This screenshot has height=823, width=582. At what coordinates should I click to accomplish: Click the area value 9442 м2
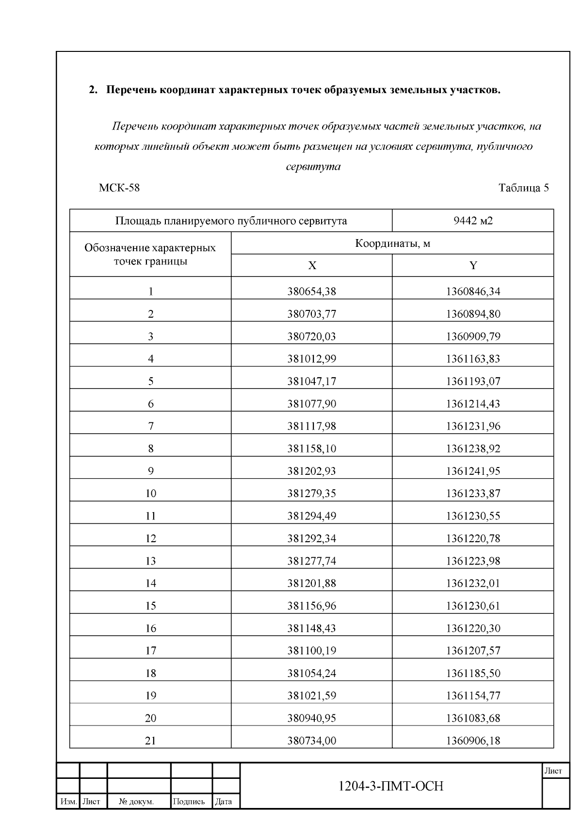(x=472, y=221)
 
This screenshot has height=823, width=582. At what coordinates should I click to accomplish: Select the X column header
(x=312, y=265)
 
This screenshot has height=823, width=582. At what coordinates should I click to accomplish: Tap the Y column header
(x=473, y=265)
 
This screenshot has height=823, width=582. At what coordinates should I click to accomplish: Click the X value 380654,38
(x=311, y=291)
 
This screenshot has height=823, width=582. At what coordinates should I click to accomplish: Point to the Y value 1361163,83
(x=473, y=359)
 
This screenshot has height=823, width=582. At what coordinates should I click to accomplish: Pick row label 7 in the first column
(x=150, y=426)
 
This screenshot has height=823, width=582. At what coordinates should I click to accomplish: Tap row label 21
(x=150, y=741)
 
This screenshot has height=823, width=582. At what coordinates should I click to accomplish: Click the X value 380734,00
(x=311, y=741)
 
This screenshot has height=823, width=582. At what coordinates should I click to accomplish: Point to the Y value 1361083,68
(x=473, y=718)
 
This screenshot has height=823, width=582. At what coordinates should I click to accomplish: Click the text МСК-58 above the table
(x=119, y=188)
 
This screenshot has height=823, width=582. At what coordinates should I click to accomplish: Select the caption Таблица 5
(x=523, y=188)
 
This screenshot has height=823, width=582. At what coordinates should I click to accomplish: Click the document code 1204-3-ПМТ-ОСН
(x=390, y=786)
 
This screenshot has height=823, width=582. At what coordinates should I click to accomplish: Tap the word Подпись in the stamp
(x=189, y=802)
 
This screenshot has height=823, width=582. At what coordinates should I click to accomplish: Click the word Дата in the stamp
(x=223, y=802)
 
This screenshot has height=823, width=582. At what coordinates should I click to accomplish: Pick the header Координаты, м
(x=392, y=243)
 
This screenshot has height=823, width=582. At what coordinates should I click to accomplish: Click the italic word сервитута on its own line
(x=313, y=167)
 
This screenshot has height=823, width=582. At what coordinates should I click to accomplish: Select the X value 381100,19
(x=311, y=650)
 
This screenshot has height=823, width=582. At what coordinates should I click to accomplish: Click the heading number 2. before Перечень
(x=93, y=90)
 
